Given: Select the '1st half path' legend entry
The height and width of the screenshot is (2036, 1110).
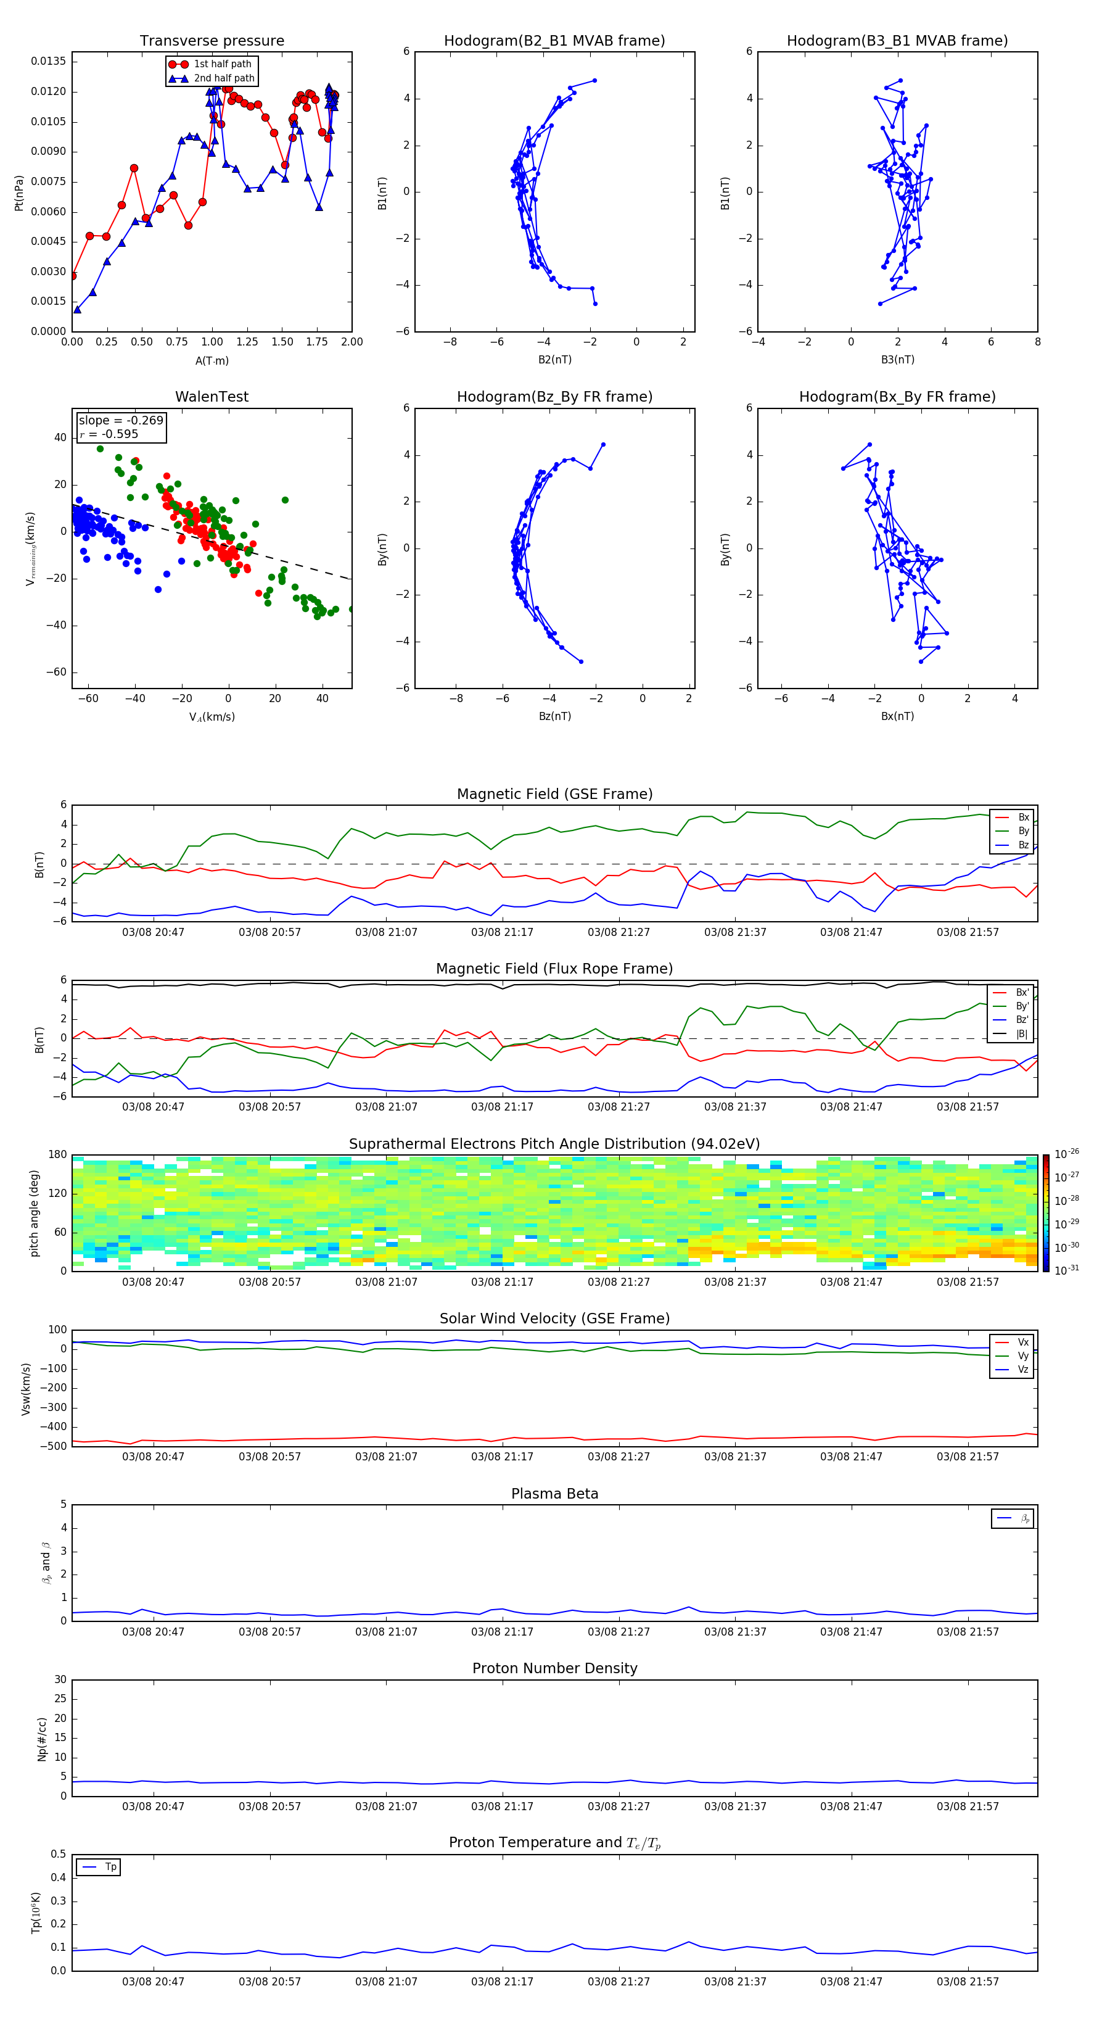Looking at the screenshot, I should pos(222,64).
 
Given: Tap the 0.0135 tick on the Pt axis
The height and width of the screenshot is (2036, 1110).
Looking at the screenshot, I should pos(48,62).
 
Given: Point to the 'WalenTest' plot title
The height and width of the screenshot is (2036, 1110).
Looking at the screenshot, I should pos(212,397).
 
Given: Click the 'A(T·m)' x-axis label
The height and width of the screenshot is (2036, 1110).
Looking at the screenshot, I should pos(212,360).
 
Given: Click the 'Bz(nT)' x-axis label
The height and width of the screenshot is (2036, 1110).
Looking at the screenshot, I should pos(554,716).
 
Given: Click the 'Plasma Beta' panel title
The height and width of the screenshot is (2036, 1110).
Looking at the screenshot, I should pos(554,1494).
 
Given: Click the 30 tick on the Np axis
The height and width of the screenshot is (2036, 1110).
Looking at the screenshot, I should pos(60,1679).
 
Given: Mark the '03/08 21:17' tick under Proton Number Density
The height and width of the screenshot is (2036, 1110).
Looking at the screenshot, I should pos(502,1806).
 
